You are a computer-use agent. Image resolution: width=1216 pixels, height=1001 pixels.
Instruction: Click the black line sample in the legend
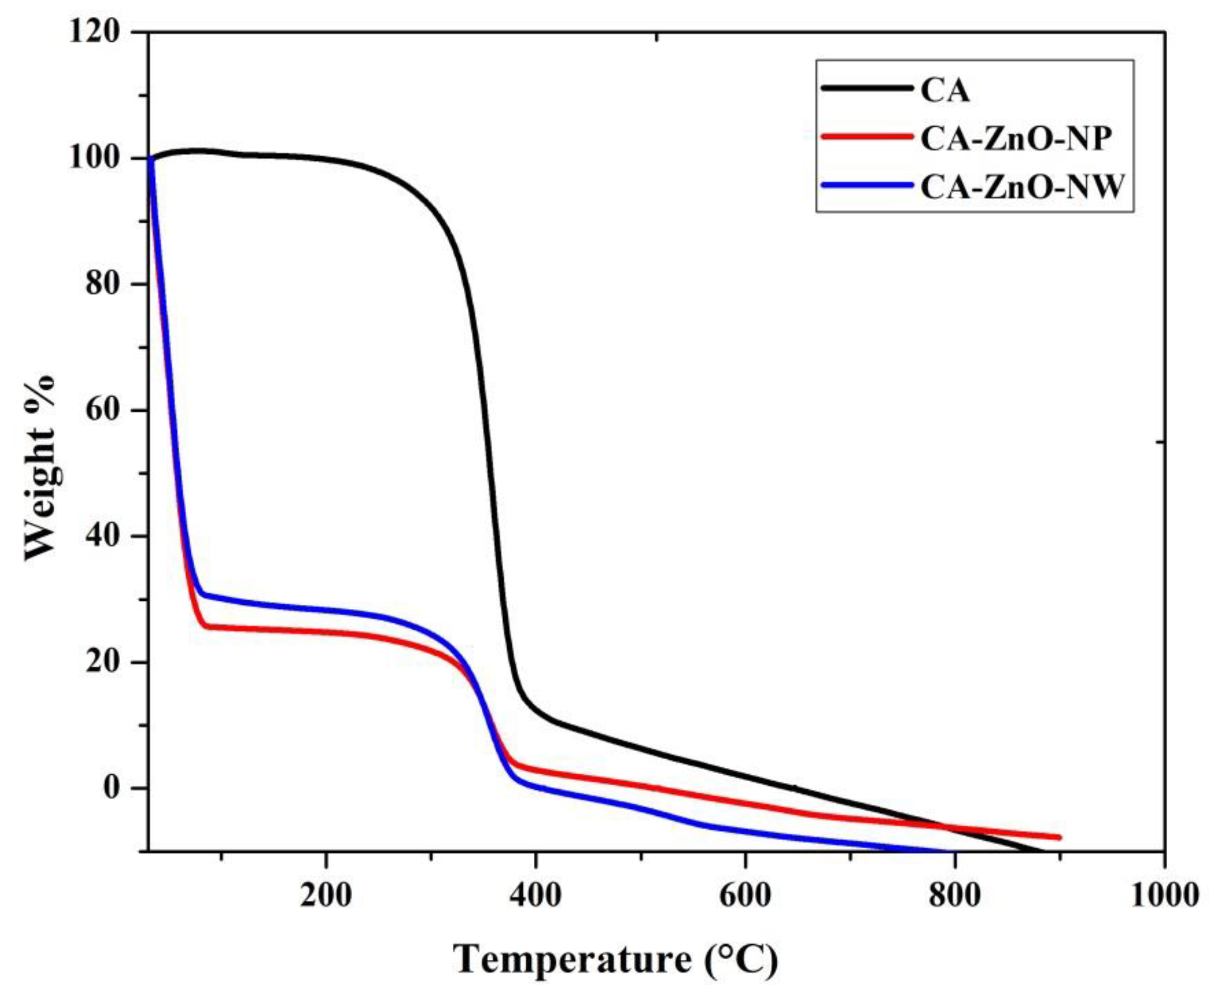coord(867,88)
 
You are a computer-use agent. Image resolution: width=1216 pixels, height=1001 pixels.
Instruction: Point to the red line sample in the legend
coord(867,137)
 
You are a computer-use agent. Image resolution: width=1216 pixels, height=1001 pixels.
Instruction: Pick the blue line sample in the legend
coord(867,185)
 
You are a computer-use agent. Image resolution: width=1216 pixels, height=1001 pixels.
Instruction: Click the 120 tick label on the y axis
coord(94,32)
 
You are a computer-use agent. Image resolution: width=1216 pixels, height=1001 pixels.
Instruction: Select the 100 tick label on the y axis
coord(94,158)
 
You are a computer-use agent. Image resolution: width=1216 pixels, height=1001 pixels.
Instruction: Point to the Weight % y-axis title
coord(40,467)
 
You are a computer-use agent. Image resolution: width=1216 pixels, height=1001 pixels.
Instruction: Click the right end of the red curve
coord(1059,837)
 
